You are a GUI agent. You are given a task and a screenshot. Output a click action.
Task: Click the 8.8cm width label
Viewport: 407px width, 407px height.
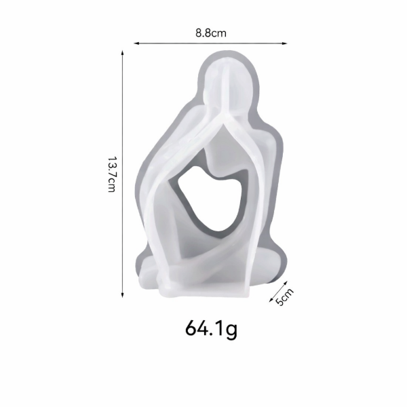click(210, 31)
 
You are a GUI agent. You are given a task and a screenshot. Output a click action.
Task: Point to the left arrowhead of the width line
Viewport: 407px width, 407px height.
click(136, 43)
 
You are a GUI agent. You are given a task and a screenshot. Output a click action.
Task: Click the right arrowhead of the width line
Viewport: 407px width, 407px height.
click(285, 43)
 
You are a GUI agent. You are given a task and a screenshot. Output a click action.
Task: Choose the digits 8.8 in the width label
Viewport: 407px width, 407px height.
click(203, 31)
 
